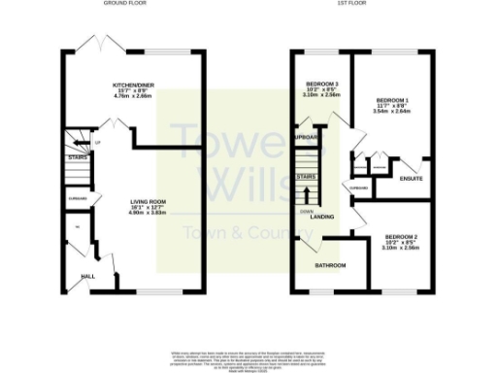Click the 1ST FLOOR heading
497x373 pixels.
351,4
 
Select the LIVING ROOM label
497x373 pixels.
149,201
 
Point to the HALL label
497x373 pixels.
87,276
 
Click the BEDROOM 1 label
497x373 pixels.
392,99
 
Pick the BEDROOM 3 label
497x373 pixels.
321,85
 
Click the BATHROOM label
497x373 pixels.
330,264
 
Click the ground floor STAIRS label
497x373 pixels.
78,155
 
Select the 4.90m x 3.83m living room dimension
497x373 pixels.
149,213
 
